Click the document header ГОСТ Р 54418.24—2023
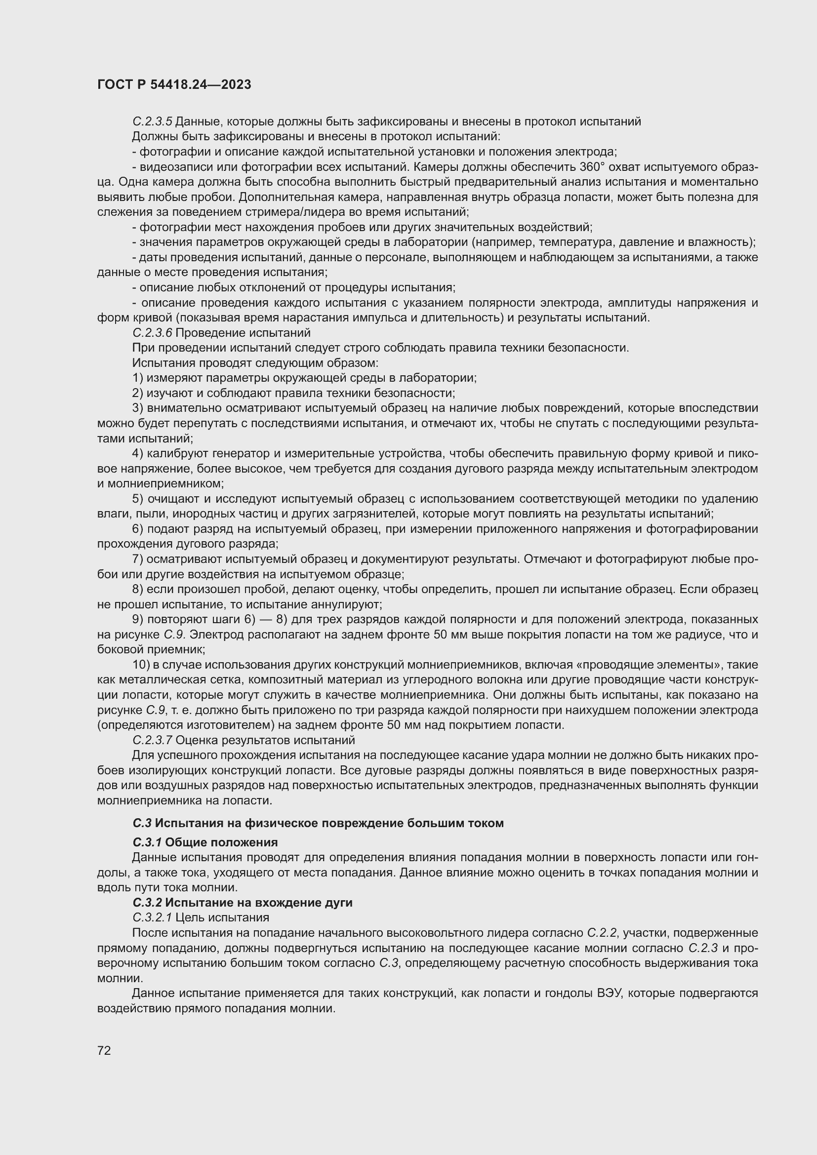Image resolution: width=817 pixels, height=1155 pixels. tap(174, 84)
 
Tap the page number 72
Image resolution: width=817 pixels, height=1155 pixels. tap(104, 1050)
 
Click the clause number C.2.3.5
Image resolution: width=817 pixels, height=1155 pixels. tap(153, 122)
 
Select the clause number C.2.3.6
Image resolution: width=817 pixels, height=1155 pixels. tap(153, 333)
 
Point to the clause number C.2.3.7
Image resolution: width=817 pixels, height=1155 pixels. tap(153, 741)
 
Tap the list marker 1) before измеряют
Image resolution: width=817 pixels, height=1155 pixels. tap(138, 378)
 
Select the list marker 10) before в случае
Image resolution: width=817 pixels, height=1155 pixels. tap(141, 665)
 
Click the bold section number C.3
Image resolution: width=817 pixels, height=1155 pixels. tap(142, 823)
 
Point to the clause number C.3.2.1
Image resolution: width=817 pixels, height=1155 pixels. tap(153, 917)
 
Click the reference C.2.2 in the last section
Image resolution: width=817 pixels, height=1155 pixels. tap(602, 933)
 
